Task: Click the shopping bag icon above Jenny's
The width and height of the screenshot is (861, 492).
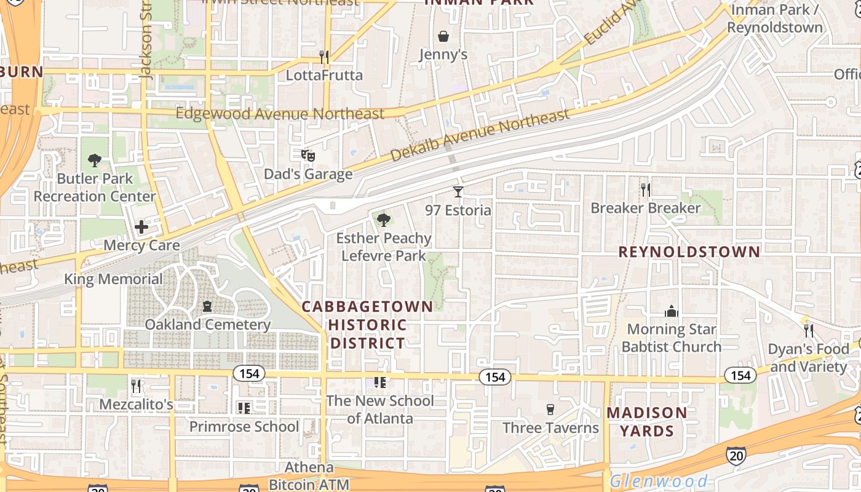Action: (443, 37)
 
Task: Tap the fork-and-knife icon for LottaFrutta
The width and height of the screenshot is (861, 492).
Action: (324, 57)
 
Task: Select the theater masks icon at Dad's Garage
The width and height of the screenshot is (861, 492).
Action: (308, 156)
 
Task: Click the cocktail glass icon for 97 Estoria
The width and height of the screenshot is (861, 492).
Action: (458, 191)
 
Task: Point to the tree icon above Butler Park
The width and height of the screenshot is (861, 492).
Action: (94, 161)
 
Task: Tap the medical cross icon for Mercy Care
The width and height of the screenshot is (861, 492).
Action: (141, 227)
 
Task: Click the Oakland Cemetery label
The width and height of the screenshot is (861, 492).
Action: (208, 324)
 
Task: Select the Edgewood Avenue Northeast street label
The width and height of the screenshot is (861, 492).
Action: (280, 114)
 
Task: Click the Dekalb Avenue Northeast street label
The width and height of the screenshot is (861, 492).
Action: (480, 137)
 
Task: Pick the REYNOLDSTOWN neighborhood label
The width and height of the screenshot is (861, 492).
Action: (689, 252)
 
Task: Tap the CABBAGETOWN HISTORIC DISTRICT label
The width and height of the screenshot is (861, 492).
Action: (367, 325)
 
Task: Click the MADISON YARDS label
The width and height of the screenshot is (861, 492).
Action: (647, 421)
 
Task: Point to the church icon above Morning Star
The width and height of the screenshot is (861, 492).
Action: (671, 312)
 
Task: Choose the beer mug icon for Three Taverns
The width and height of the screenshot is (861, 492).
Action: (550, 409)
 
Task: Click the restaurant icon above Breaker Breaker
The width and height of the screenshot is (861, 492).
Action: (645, 190)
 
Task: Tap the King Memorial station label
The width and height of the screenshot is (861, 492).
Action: (114, 279)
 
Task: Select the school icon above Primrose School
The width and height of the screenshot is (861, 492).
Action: (244, 408)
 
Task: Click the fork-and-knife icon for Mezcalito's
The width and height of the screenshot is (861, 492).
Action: (136, 386)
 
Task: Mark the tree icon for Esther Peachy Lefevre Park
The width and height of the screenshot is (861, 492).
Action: (384, 220)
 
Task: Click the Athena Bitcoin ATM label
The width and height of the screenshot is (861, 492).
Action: (309, 475)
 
